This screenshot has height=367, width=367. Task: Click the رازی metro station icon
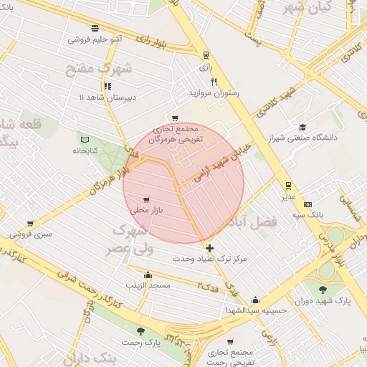(x=206, y=54)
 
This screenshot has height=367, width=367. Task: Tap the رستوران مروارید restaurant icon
(x=213, y=82)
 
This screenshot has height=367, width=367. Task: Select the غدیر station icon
(x=288, y=184)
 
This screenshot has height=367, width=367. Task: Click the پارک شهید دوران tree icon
(x=321, y=290)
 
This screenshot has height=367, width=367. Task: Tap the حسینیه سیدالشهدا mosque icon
(x=255, y=300)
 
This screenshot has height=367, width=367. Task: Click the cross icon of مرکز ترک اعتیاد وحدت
(x=209, y=248)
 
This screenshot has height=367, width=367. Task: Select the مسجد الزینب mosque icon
(x=148, y=275)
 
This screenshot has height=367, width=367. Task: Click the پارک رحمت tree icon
(x=140, y=331)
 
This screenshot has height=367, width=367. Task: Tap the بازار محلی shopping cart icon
(x=147, y=199)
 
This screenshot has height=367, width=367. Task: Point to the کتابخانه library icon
(x=85, y=139)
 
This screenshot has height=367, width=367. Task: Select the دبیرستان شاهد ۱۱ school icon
(x=108, y=86)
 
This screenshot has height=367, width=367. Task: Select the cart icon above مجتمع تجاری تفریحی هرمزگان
(x=174, y=118)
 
